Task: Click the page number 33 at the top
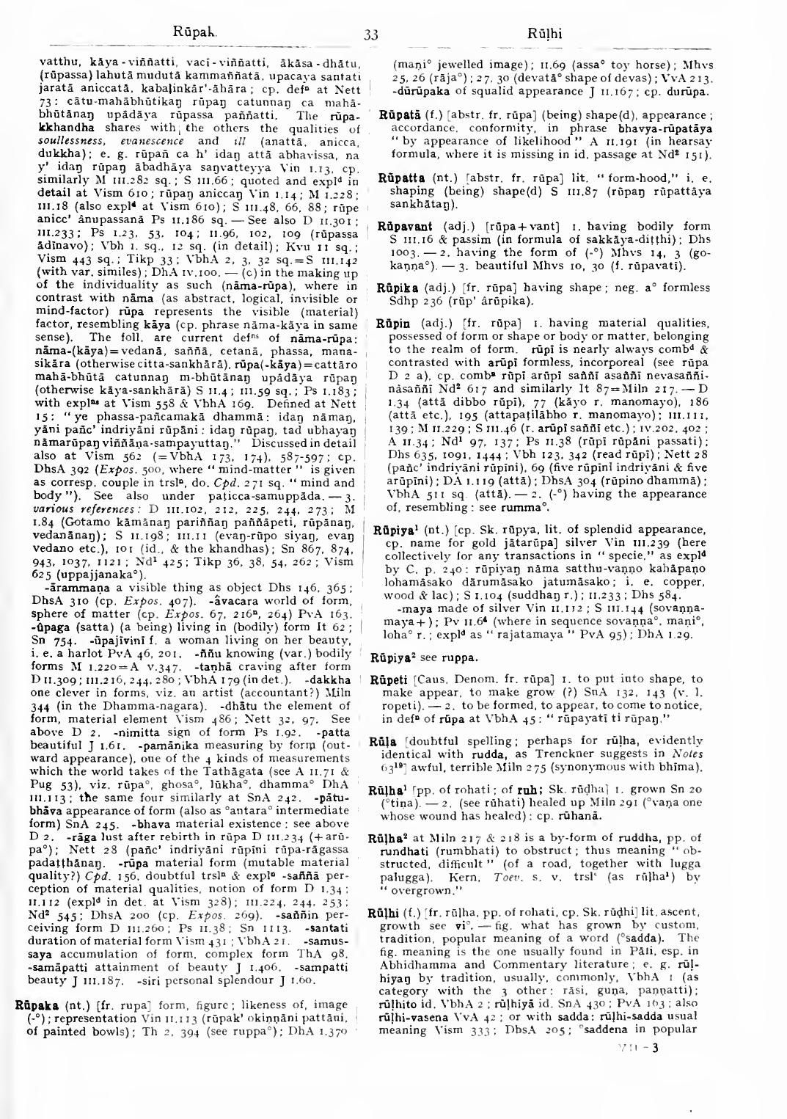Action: tap(370, 34)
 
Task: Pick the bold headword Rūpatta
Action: tap(399, 178)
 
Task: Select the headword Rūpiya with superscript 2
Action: tap(400, 657)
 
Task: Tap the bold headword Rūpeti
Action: tap(397, 679)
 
